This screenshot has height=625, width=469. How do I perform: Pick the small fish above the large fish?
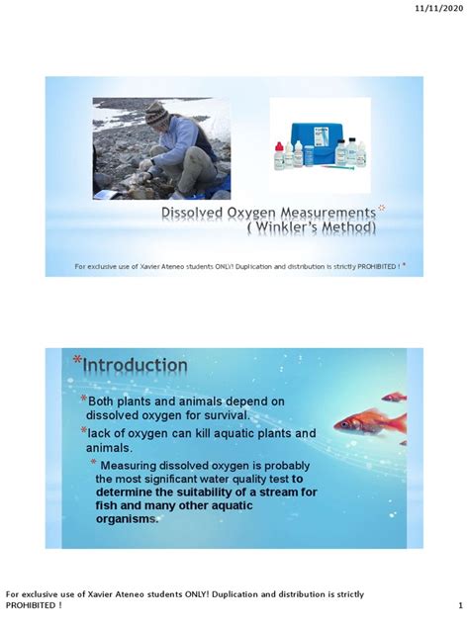click(x=394, y=397)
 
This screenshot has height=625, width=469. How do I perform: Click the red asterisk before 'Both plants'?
click(x=84, y=400)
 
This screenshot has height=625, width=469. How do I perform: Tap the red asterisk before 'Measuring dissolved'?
click(x=94, y=465)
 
